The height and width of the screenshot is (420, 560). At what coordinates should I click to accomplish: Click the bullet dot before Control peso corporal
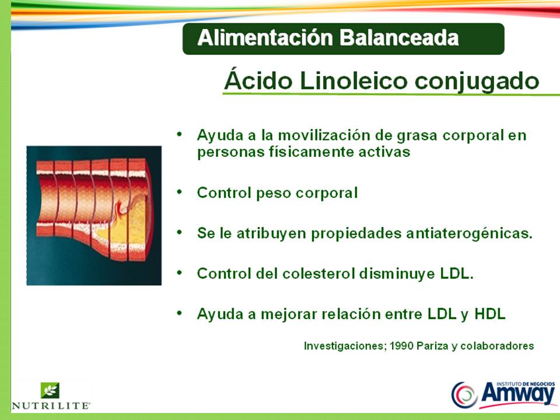pyautogui.click(x=180, y=191)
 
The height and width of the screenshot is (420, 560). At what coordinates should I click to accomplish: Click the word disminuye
pyautogui.click(x=397, y=273)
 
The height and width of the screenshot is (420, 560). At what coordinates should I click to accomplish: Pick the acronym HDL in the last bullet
pyautogui.click(x=490, y=314)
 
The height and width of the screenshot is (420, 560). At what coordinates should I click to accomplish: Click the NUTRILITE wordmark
pyautogui.click(x=51, y=404)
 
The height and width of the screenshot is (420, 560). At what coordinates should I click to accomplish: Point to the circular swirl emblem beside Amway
pyautogui.click(x=464, y=394)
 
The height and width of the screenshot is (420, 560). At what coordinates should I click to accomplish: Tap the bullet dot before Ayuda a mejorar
pyautogui.click(x=180, y=313)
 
